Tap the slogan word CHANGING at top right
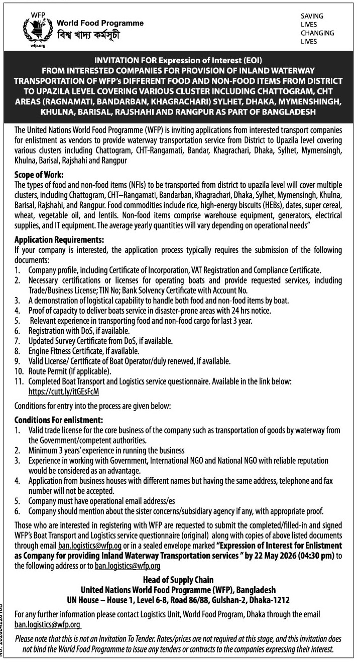click(x=317, y=33)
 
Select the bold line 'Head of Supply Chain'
click(x=178, y=580)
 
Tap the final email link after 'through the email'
click(x=48, y=624)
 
